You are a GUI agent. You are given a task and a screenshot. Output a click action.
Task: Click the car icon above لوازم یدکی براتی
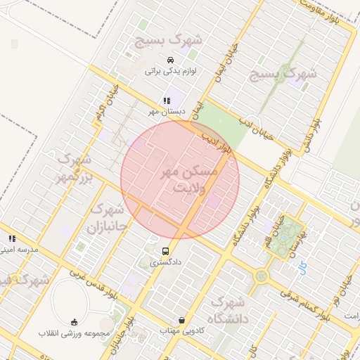point(170,60)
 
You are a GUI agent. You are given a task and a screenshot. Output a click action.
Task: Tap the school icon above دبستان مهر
point(167,101)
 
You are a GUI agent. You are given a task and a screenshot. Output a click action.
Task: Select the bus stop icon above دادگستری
point(165,251)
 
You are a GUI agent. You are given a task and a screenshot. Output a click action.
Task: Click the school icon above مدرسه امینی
point(12,238)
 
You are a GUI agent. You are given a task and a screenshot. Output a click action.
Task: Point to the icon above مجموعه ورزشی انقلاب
point(73,321)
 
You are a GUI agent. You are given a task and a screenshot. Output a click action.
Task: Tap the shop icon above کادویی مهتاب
point(182,320)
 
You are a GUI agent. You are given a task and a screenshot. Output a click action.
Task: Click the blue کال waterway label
point(302,267)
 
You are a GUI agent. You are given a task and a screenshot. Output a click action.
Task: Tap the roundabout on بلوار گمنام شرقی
point(262,276)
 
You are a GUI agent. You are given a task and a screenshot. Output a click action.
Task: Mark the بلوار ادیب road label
point(217,141)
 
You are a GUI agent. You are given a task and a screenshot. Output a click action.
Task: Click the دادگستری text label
point(165,262)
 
